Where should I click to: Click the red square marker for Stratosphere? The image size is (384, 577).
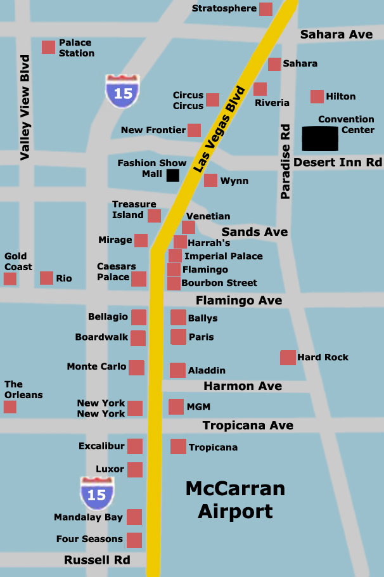coord(266,9)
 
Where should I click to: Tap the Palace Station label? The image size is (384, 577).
coord(76,48)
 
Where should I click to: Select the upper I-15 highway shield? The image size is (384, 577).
coord(123,91)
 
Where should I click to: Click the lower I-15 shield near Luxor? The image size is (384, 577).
coord(97,493)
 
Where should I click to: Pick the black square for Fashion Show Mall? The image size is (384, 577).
coord(172,175)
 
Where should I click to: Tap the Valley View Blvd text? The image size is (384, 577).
coord(25,108)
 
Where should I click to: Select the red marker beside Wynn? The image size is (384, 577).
coord(210,181)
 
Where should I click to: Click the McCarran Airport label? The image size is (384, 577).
coord(235,500)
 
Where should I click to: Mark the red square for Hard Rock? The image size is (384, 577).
coord(288,358)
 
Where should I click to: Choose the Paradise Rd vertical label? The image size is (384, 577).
coord(286,162)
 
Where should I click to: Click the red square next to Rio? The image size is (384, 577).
coord(46,278)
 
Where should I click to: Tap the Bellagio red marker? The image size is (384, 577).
coord(139,317)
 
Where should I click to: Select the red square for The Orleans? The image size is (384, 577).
coord(10,406)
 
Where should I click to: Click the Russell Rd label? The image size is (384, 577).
coord(97,560)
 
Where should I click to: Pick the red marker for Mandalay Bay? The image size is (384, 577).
coord(134,517)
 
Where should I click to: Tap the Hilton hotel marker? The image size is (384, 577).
coord(317,96)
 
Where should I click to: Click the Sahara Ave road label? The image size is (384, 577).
coord(336,34)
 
